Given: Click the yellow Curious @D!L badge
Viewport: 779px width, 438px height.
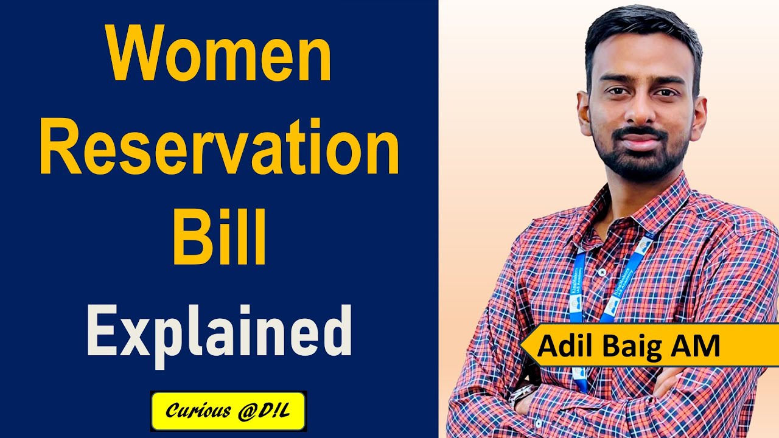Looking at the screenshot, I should click(x=228, y=411).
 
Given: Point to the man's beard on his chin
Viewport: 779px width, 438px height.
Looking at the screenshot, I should click(x=639, y=161).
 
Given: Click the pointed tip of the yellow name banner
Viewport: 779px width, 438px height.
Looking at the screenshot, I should click(x=522, y=346).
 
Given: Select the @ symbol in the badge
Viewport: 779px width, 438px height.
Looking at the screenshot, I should click(x=239, y=411).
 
